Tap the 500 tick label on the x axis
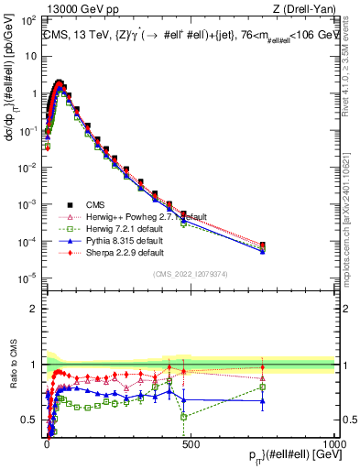click(191, 442)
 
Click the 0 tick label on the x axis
click(47, 442)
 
